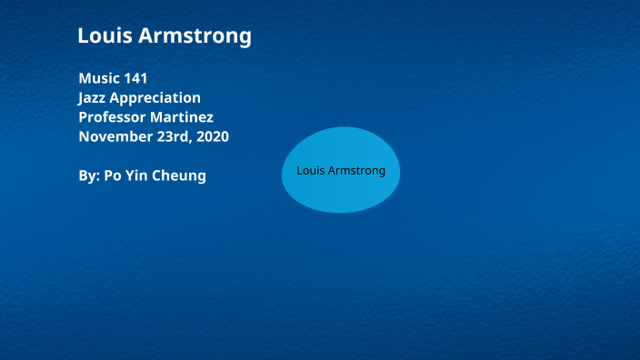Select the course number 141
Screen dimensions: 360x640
point(135,78)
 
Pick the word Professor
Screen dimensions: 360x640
point(113,117)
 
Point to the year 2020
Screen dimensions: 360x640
point(212,137)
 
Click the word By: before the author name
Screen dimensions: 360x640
point(89,175)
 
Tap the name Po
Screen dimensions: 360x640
point(114,175)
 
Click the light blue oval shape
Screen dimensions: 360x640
point(340,195)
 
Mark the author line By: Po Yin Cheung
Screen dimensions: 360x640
point(142,175)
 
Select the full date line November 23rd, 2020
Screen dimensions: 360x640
point(154,137)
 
